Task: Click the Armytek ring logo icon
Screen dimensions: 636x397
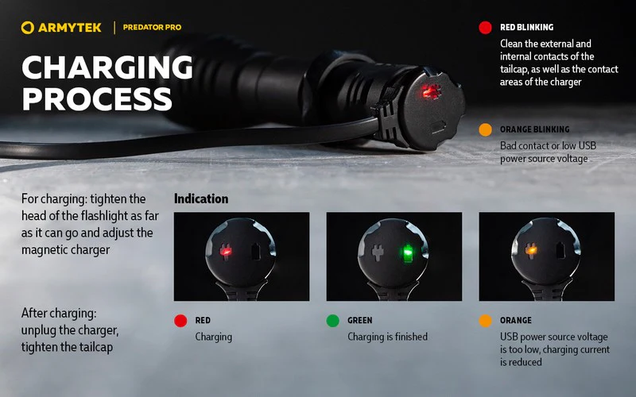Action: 28,28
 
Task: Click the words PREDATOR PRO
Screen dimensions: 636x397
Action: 152,28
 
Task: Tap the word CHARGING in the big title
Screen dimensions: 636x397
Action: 107,67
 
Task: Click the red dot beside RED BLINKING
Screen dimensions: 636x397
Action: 485,28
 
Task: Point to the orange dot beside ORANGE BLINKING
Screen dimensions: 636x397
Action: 485,129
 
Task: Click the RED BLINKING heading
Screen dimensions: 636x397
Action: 526,27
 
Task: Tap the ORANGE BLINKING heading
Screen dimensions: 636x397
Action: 534,129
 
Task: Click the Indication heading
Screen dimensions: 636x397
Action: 201,198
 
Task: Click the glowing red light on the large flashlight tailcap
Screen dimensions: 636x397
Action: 430,91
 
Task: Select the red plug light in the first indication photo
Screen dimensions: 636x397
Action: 226,251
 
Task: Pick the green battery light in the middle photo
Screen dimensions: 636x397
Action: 407,253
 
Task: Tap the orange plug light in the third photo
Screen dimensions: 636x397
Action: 530,250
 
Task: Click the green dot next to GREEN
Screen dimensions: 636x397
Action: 332,321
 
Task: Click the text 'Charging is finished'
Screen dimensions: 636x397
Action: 387,337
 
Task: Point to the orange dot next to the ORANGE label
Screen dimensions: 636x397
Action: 485,321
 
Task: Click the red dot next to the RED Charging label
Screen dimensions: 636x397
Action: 180,321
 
